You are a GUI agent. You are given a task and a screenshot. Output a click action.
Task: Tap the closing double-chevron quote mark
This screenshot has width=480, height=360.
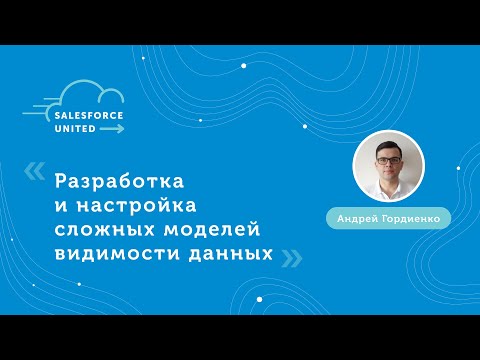tap(290, 258)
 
